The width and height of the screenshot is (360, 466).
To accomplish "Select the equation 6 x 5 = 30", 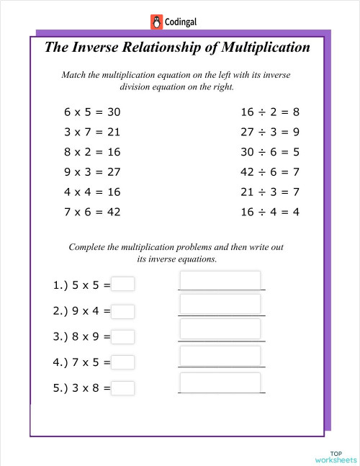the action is [x=92, y=112].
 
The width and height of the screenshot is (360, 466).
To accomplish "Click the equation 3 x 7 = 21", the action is [x=92, y=133].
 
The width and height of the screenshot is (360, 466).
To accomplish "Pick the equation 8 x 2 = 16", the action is [x=92, y=152].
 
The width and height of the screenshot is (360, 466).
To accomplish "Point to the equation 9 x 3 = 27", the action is [x=92, y=172].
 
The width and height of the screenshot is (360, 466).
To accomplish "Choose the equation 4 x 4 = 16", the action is [x=92, y=192].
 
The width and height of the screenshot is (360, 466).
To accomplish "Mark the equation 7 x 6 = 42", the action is [x=92, y=212].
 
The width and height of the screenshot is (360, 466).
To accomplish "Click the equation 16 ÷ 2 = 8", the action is [x=269, y=112].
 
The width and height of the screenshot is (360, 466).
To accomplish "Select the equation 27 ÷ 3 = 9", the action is [x=269, y=133].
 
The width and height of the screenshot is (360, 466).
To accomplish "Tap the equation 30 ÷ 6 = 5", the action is [x=269, y=152].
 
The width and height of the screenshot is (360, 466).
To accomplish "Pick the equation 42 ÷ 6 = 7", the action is [x=269, y=172].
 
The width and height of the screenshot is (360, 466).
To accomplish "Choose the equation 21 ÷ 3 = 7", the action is [x=269, y=192].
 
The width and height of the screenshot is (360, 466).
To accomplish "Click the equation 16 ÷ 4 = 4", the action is [x=269, y=212].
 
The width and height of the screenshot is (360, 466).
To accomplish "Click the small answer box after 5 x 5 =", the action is [x=123, y=284].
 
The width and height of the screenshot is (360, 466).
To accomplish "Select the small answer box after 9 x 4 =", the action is [x=123, y=311].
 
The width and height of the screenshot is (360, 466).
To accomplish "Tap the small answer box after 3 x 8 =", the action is [x=123, y=387].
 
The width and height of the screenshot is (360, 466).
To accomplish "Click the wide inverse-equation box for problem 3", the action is [x=220, y=329].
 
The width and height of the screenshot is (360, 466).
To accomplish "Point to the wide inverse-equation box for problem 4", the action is [x=220, y=356].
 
